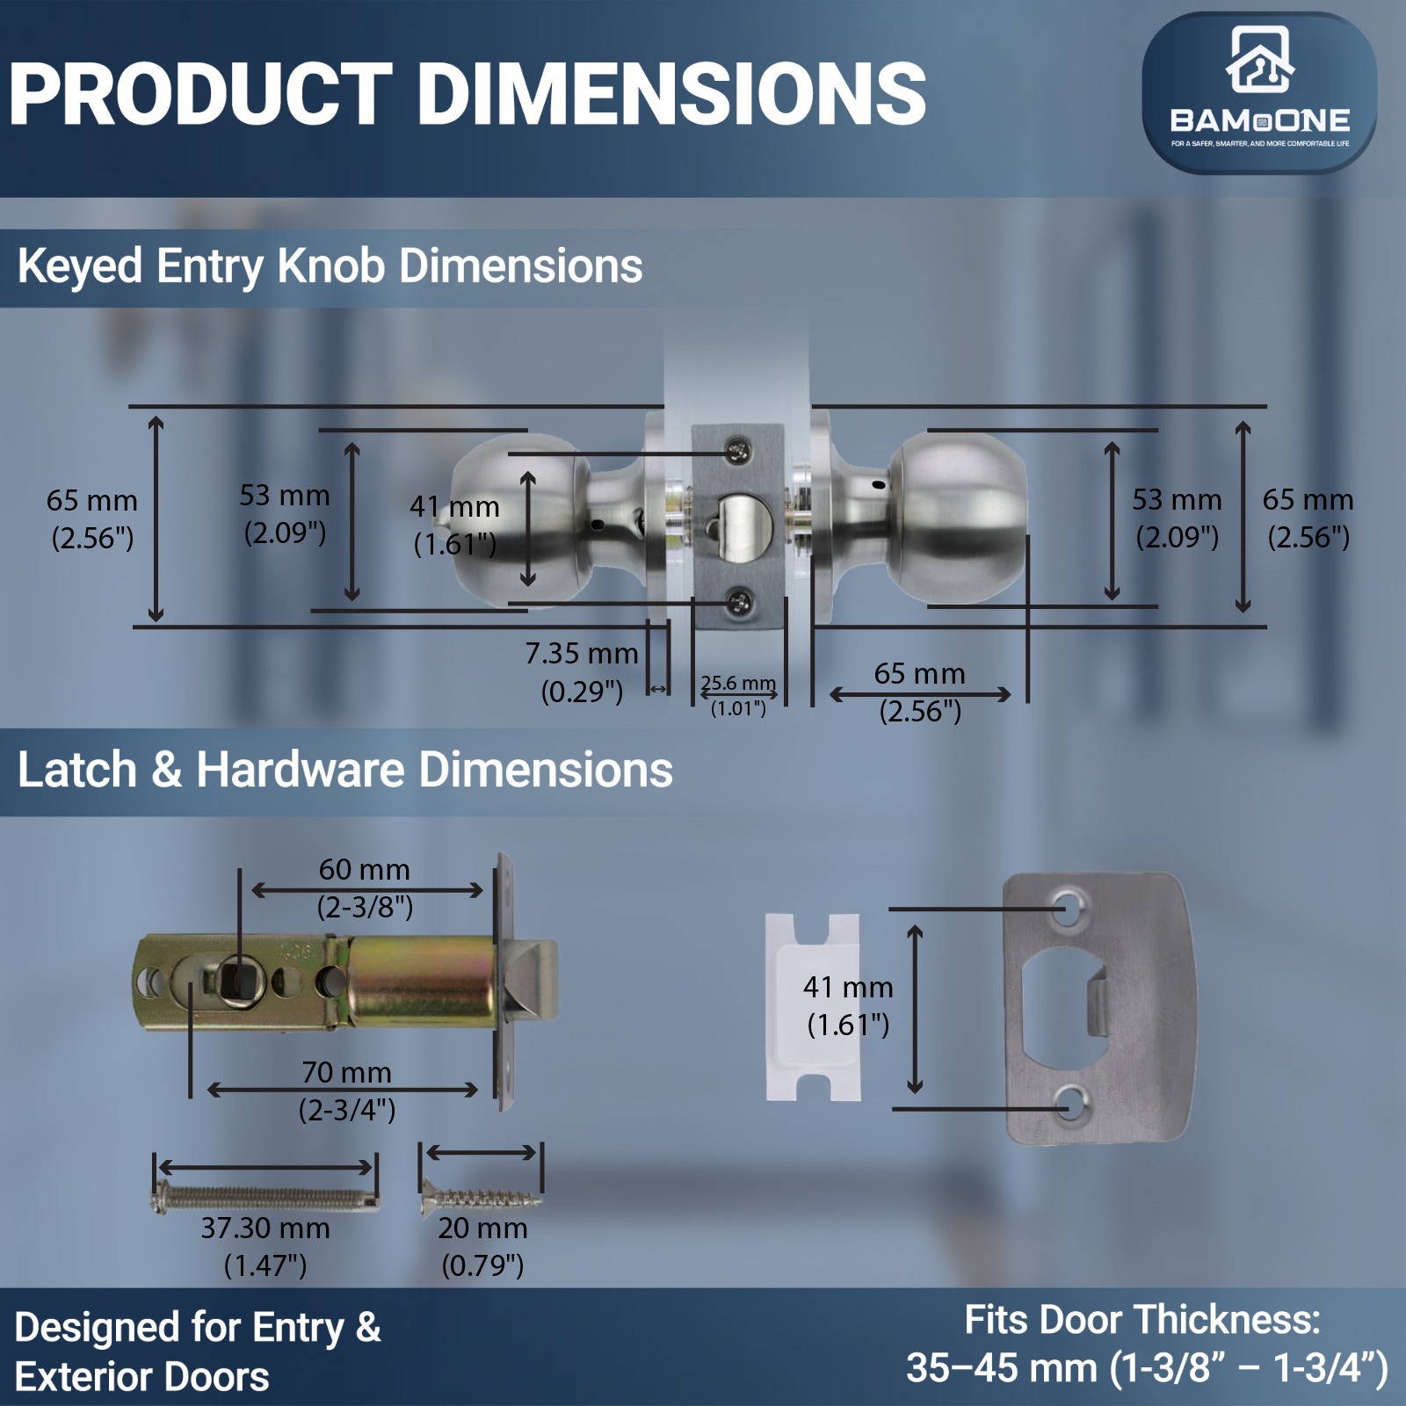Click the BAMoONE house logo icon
[1259, 59]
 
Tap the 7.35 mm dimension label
[582, 672]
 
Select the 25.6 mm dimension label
[738, 695]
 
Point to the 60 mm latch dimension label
[365, 888]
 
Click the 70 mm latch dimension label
[347, 1091]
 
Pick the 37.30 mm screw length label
[265, 1246]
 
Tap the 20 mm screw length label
[482, 1246]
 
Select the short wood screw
[482, 1196]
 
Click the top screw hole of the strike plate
[1068, 909]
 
